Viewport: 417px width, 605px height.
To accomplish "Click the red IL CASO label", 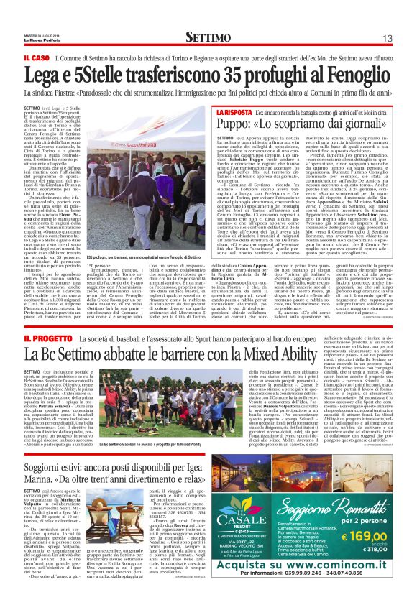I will (36, 57).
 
